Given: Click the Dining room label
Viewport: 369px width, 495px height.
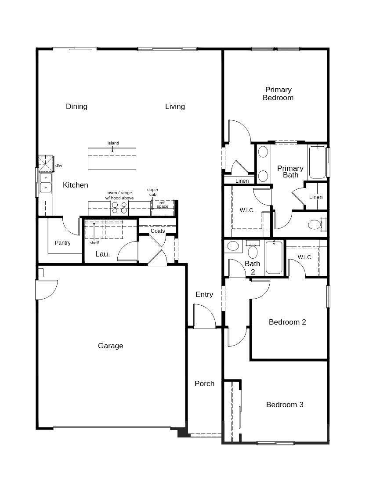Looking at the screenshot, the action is tap(76, 106).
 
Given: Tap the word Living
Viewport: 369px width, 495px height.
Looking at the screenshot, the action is tap(175, 107).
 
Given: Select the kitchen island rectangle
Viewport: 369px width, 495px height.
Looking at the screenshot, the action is tap(112, 159).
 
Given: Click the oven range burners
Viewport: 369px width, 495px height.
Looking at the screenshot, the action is tap(119, 208).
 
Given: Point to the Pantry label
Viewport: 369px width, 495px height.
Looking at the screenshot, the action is tap(62, 243).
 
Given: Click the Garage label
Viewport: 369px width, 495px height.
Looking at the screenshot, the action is tap(110, 346).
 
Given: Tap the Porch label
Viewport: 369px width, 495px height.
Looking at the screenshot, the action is tap(205, 383).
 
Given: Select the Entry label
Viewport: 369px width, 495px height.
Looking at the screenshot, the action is tap(204, 295).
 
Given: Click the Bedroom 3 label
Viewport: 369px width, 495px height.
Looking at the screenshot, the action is tap(285, 405).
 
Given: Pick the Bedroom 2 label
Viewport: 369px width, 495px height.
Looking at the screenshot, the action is tap(287, 322).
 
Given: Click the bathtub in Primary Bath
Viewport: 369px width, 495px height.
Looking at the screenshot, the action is tap(317, 162).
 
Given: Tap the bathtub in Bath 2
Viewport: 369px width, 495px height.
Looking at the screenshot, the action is tap(274, 257).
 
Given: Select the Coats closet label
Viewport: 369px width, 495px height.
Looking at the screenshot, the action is tap(158, 231).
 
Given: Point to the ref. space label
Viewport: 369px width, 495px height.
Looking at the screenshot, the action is tap(163, 205).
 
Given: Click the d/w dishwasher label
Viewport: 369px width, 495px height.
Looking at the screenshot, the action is tap(59, 166).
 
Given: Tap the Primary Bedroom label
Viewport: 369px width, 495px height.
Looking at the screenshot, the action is tap(278, 94).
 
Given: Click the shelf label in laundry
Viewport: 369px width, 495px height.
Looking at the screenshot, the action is tap(94, 243).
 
